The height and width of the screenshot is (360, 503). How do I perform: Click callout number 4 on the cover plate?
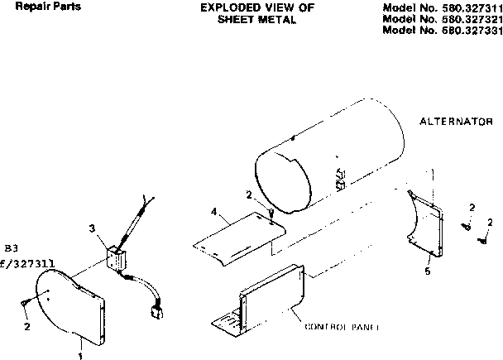point(214,213)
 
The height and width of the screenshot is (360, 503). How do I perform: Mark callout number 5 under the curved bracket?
point(428,271)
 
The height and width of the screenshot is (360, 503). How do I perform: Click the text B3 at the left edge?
point(11,247)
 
